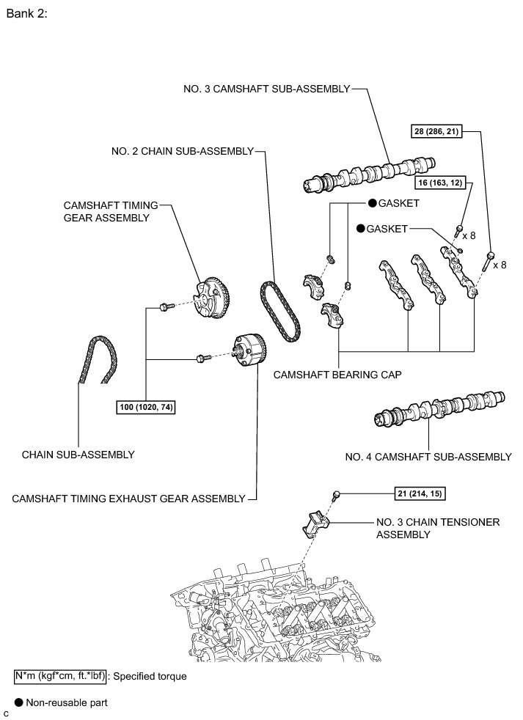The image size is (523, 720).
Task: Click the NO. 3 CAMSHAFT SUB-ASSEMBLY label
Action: pyautogui.click(x=266, y=89)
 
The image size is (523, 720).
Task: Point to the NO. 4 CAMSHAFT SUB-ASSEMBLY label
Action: pyautogui.click(x=428, y=457)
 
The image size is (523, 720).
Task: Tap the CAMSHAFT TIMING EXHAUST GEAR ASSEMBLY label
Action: pyautogui.click(x=128, y=499)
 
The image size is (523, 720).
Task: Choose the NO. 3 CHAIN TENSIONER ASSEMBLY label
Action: pyautogui.click(x=438, y=528)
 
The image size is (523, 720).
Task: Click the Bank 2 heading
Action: pyautogui.click(x=26, y=14)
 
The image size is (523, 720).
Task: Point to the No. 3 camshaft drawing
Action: pyautogui.click(x=370, y=174)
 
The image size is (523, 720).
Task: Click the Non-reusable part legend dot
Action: pyautogui.click(x=18, y=702)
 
